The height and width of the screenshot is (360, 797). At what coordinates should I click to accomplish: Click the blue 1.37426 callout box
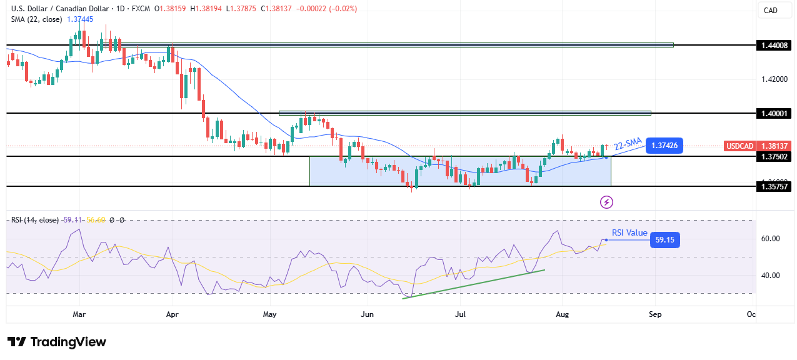click(x=664, y=146)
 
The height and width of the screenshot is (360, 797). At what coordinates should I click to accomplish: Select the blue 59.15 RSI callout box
click(x=664, y=239)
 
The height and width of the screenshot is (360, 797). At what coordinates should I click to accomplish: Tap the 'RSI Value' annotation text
click(x=629, y=232)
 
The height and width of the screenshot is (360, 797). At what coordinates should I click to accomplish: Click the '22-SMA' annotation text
click(x=628, y=143)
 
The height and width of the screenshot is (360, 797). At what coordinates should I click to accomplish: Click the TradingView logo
click(x=57, y=342)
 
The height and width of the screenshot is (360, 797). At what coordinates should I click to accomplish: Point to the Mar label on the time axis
click(x=79, y=314)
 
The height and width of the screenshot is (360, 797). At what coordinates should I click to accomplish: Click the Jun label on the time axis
click(x=368, y=314)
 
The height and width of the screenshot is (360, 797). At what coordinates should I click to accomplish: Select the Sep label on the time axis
click(x=654, y=314)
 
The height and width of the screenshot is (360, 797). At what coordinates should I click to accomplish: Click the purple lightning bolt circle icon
click(x=606, y=202)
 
